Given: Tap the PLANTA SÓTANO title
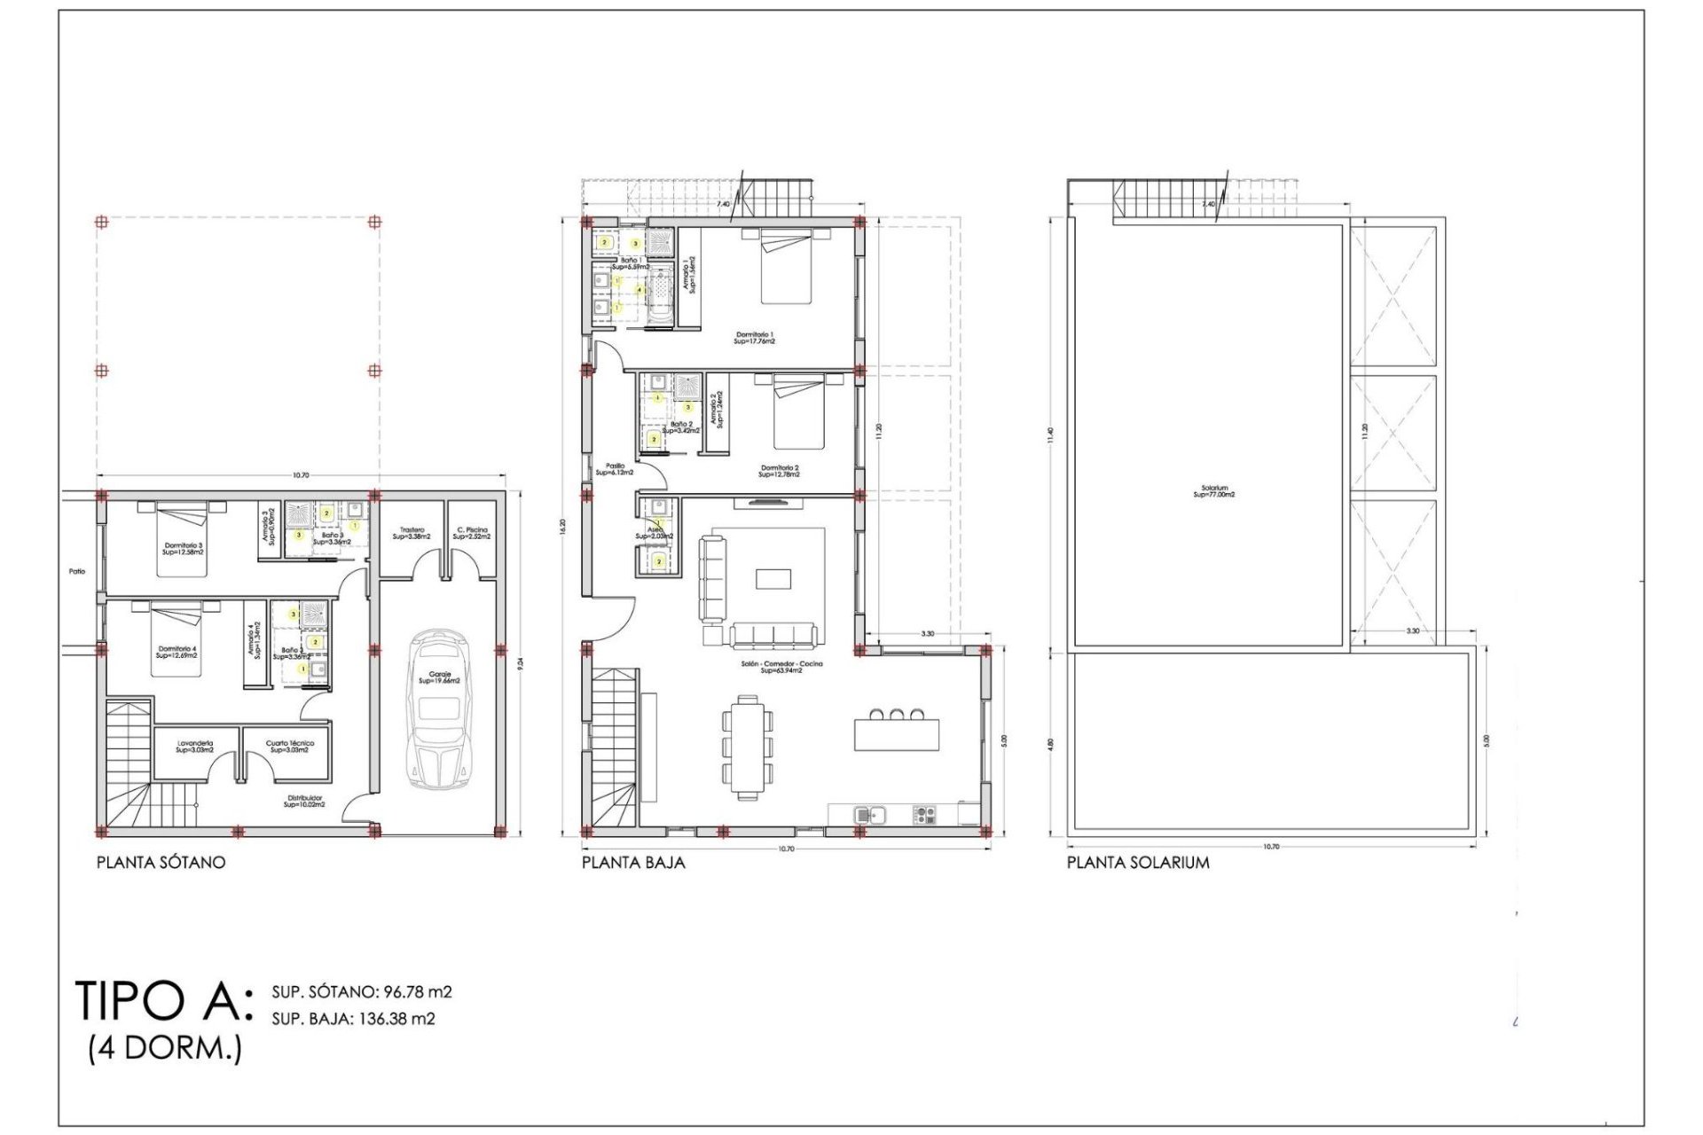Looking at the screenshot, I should point(161,862).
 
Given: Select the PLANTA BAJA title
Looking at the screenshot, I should point(633,862).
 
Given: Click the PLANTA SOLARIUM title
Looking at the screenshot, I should point(1138,862).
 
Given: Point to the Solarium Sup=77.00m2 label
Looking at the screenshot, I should point(1214,490).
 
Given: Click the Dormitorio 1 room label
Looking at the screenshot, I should point(755,337).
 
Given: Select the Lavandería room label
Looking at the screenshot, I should point(195,747).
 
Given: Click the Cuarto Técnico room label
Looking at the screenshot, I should point(290,747).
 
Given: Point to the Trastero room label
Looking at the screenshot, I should point(412,533).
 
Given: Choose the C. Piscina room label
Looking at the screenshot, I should point(472,533).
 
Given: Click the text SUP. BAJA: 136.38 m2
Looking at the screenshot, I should point(353,1019).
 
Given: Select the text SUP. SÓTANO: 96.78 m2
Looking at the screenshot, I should point(362,991).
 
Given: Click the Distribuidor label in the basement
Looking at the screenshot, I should point(304,801).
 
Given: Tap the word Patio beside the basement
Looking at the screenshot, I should point(77,571).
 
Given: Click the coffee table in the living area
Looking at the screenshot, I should point(773,578).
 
